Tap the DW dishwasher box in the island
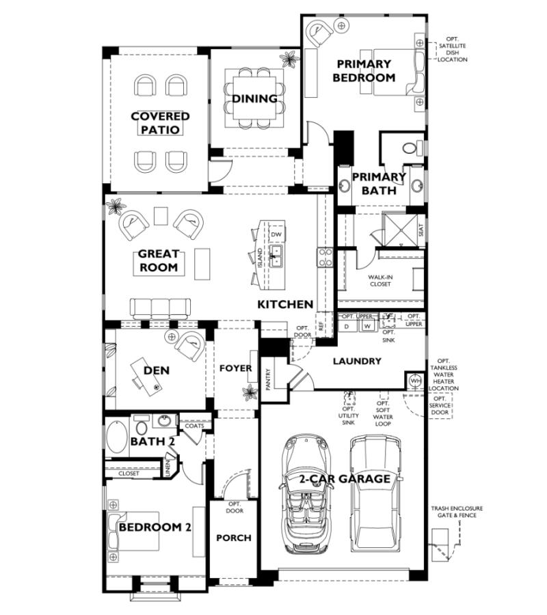coord(276,234)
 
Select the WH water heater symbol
coord(414,381)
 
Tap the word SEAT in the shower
coord(420,231)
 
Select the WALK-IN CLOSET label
coord(379,280)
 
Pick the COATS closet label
coord(193,426)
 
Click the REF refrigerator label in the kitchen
coord(320,326)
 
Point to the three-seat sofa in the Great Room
coord(160,308)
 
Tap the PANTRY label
coord(269,380)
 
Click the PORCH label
coord(233,538)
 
